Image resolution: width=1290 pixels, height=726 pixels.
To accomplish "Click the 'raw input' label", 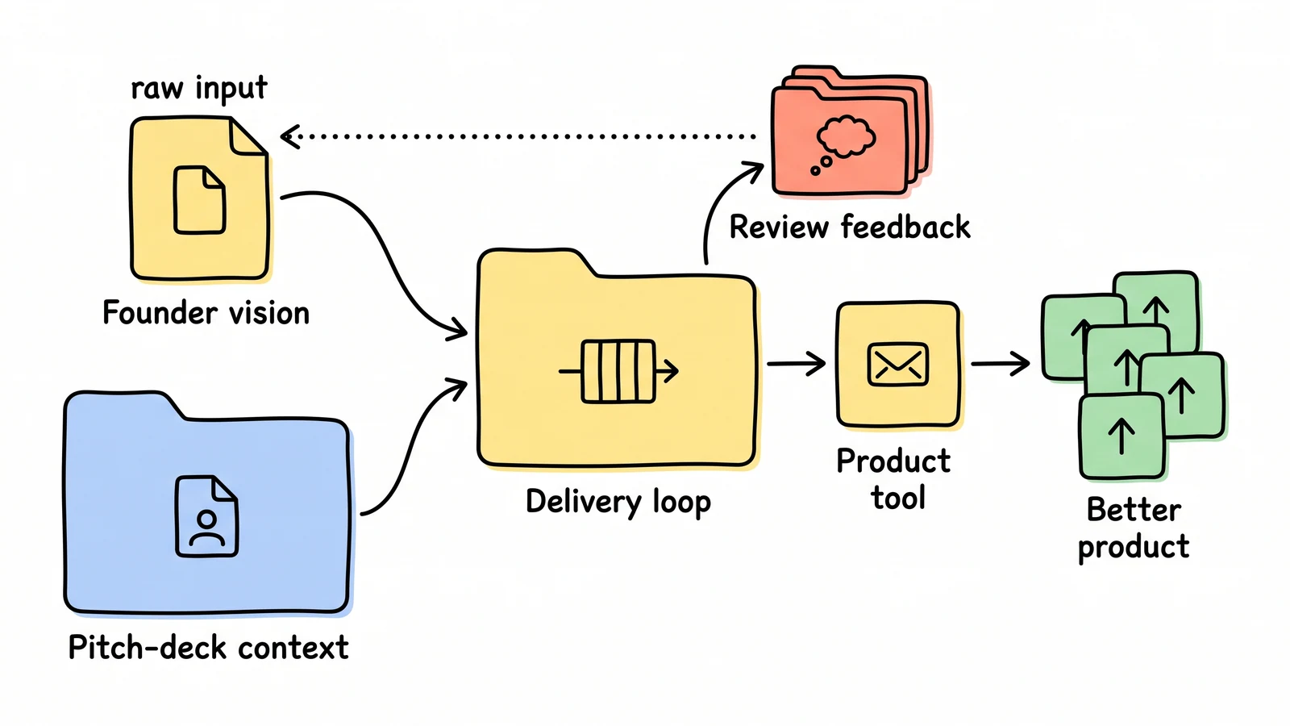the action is (x=198, y=89).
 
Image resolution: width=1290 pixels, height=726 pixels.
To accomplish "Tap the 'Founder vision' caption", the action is (x=206, y=313).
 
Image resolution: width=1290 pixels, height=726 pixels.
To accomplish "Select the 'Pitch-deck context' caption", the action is (x=208, y=647).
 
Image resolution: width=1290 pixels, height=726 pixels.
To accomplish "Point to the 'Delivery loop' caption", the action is (x=618, y=502).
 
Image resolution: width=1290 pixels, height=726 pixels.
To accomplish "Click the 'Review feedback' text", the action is (x=850, y=227).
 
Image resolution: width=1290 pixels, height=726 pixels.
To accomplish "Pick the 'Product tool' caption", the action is (x=894, y=479).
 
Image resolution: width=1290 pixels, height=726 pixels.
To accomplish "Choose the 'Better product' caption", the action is (x=1134, y=528).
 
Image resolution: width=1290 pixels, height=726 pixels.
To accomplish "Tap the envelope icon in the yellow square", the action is (x=897, y=364).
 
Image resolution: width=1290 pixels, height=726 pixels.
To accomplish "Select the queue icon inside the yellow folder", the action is (x=618, y=371).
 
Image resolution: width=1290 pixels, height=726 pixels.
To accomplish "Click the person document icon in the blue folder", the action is (x=206, y=515).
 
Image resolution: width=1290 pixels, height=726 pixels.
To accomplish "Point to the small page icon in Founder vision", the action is (x=199, y=200).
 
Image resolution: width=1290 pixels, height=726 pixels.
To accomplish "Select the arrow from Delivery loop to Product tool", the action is (x=796, y=364).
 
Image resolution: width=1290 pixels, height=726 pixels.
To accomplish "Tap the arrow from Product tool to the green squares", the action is (x=1001, y=364).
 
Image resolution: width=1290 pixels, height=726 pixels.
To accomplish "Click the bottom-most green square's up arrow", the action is (x=1121, y=436).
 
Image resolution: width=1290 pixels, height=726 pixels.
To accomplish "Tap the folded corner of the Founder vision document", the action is (x=247, y=136).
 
